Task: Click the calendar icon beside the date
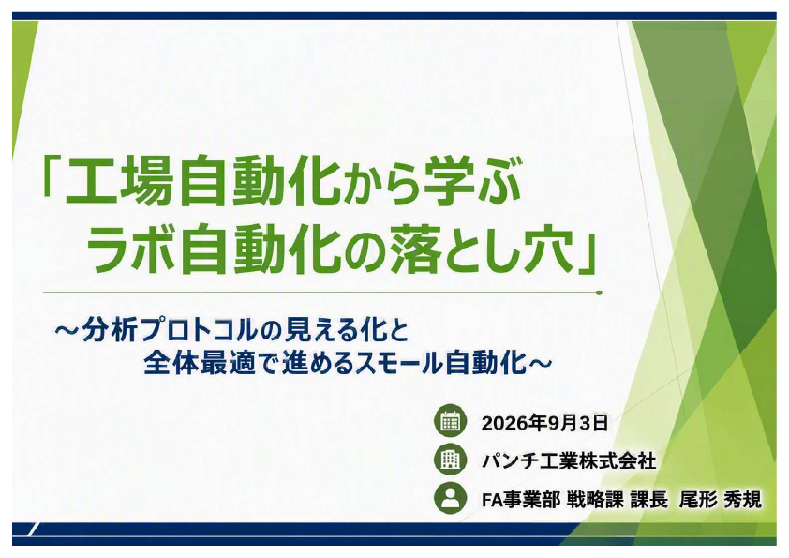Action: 451,421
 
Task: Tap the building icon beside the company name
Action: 451,460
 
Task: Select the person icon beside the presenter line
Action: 451,498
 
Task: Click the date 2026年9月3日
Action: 545,423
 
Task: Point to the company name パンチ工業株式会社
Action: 569,460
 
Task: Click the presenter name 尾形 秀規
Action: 720,500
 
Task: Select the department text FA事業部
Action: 520,500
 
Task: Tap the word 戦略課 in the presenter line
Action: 595,500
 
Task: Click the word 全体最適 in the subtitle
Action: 200,363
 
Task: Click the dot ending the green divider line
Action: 599,292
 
